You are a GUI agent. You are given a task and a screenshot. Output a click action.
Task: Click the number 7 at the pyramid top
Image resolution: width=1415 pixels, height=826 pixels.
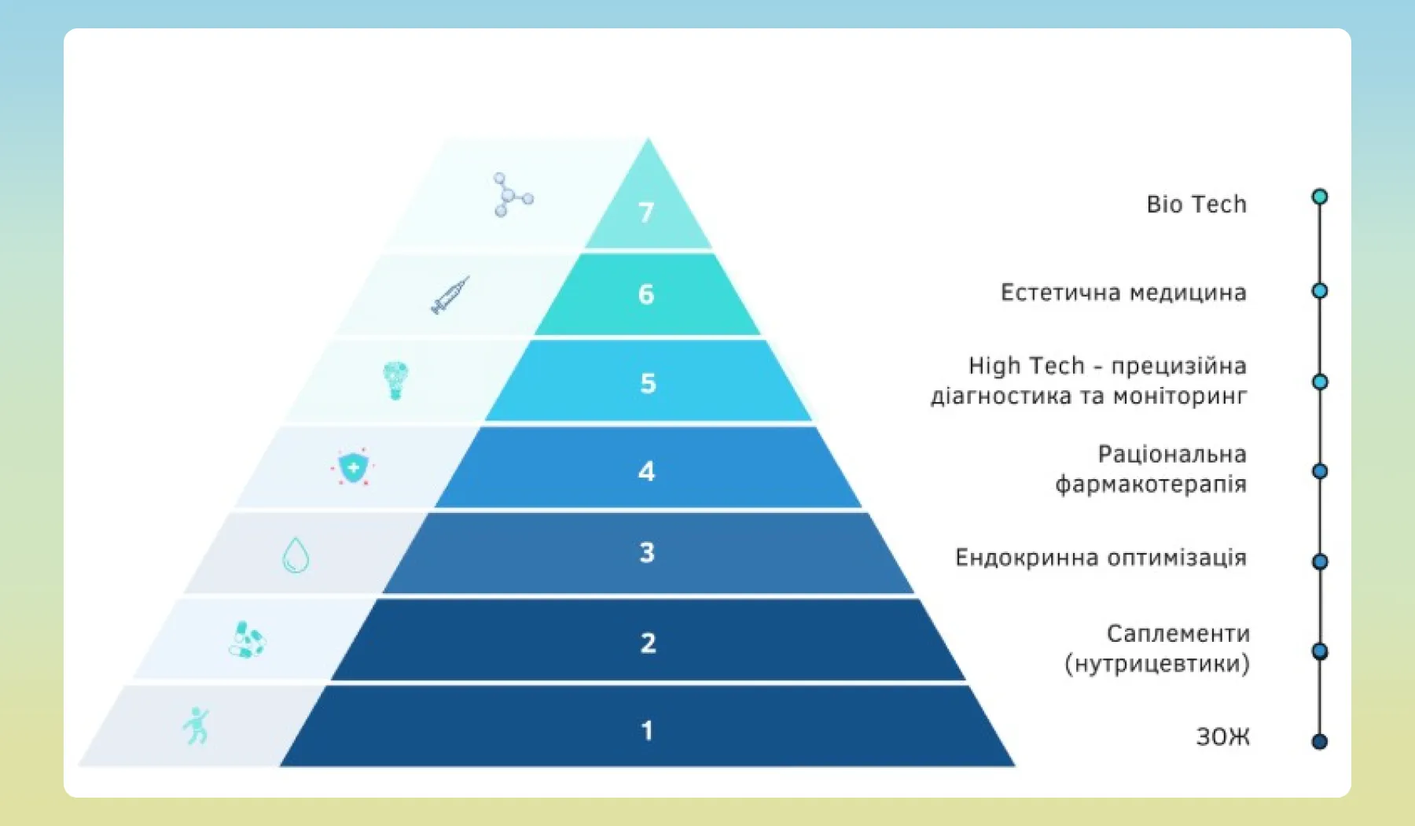[646, 212]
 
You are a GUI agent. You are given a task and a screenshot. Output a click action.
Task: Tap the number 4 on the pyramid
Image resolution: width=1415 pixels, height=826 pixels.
[646, 471]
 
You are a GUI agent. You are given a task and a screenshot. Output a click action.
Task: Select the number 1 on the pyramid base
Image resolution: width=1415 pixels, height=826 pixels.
[647, 731]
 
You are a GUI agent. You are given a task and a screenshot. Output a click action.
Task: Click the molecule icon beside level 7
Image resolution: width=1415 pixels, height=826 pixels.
[513, 194]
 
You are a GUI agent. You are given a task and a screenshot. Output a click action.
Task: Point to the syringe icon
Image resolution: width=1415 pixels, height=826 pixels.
[450, 295]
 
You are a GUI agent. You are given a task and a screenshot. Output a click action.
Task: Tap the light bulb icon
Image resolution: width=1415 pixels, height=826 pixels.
[395, 381]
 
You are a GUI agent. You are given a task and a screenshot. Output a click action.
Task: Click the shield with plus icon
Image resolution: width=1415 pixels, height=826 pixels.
[353, 468]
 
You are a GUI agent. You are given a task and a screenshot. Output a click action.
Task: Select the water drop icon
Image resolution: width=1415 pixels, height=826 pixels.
[296, 555]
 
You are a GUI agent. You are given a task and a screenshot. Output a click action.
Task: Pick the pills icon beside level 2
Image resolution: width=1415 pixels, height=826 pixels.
[248, 640]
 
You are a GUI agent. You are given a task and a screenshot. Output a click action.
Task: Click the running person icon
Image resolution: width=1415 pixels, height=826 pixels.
[196, 725]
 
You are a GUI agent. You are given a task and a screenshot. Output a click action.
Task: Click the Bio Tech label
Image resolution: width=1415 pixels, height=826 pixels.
[1196, 204]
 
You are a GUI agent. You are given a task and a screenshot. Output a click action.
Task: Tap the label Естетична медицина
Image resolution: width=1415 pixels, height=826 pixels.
[1123, 293]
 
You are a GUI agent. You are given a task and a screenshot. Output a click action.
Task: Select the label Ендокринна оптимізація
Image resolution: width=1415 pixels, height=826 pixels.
[1101, 558]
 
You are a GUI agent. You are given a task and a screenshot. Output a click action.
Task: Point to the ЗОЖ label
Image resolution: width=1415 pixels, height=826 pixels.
[1222, 737]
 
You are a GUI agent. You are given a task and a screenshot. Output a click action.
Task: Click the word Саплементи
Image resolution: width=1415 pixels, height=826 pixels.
[1178, 633]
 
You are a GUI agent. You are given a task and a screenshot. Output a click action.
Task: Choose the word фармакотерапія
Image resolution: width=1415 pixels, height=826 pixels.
[1151, 485]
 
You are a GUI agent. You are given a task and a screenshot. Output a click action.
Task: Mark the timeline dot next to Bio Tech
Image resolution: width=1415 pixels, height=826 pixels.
[1320, 197]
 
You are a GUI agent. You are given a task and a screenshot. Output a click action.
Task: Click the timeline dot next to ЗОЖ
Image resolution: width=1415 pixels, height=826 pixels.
[1320, 741]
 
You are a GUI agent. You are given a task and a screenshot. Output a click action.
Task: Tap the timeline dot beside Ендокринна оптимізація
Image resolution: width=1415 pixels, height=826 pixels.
[1320, 562]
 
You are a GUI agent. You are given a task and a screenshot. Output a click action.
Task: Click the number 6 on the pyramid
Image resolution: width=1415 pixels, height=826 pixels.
[646, 294]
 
